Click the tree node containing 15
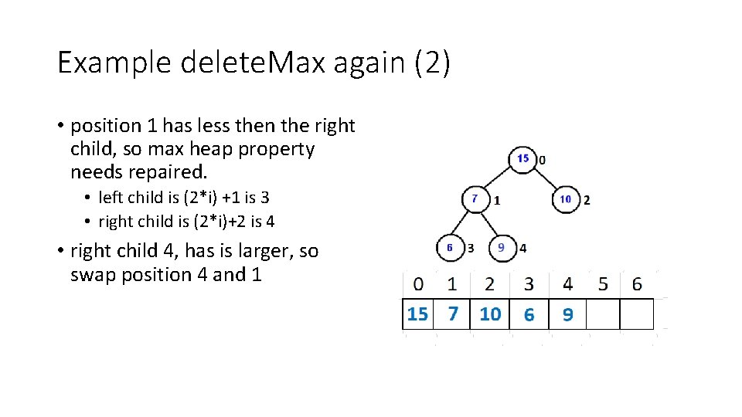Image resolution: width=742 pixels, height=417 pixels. point(523,158)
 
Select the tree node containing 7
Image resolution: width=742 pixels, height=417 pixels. point(475,198)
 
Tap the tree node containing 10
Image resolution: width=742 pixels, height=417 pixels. point(566,199)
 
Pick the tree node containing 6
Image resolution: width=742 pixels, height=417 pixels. point(449,248)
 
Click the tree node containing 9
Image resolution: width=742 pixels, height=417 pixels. point(502,248)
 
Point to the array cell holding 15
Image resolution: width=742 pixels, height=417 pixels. point(417,314)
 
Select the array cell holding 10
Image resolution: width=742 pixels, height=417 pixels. point(490,314)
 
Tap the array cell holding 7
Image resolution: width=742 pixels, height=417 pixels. point(453,314)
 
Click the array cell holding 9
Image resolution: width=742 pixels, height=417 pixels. point(568,314)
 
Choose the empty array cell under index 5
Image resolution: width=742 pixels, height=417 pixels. point(604,314)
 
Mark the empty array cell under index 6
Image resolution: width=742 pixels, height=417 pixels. point(638,314)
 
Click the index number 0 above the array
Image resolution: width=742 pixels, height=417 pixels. point(418,284)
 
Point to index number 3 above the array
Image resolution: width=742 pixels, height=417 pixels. point(529,284)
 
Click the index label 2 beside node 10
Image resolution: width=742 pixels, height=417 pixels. point(587,200)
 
